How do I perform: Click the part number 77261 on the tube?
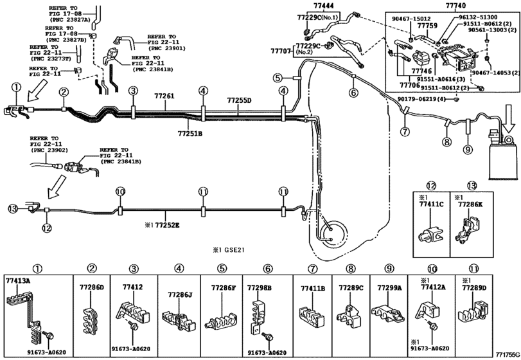164,96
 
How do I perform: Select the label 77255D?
239,100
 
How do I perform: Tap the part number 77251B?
190,133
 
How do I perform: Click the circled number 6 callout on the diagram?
353,93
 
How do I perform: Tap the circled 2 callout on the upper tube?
64,92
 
